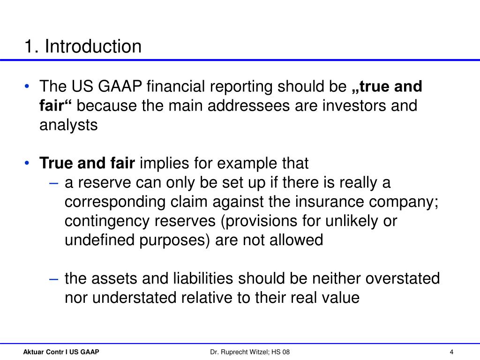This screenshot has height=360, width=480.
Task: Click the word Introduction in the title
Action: coord(93,46)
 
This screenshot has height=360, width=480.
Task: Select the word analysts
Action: coord(68,125)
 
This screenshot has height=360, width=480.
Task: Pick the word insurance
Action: coord(330,202)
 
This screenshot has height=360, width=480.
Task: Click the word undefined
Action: coord(100,240)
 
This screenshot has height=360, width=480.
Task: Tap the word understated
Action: coord(134,298)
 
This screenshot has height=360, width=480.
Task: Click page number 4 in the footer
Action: coord(451,352)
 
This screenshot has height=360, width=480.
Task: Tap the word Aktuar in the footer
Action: coord(33,352)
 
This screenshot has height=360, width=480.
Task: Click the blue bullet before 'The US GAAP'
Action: coord(27,86)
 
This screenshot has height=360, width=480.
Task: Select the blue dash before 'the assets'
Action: coord(53,279)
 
